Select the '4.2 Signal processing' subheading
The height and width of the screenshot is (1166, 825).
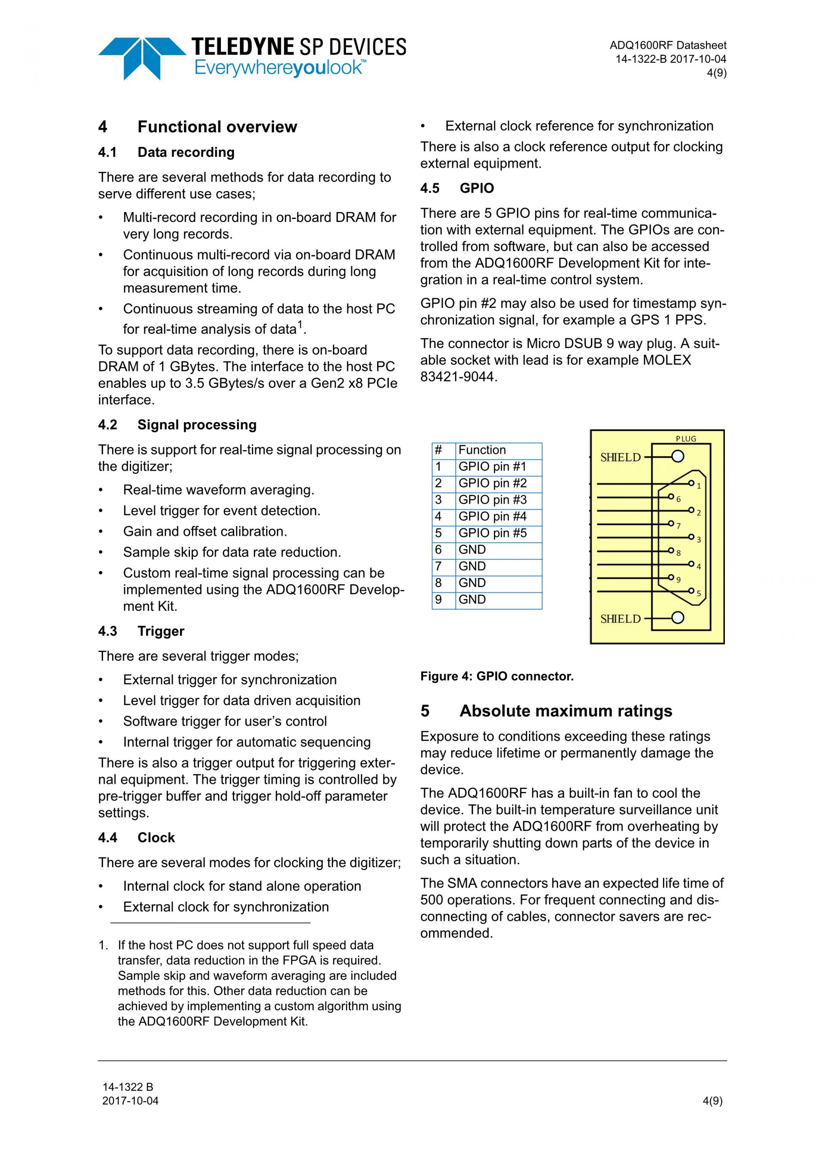[177, 425]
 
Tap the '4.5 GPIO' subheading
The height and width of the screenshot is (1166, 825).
[457, 189]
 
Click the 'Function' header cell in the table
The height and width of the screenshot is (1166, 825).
[482, 450]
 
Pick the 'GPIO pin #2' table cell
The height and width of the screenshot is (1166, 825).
[492, 483]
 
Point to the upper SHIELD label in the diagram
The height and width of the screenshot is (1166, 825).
[620, 457]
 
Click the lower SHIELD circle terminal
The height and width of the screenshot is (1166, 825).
[678, 618]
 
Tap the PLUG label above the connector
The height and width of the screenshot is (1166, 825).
[686, 439]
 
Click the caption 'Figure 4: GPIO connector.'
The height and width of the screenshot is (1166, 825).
[496, 676]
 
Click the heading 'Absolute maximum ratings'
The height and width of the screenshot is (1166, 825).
[565, 711]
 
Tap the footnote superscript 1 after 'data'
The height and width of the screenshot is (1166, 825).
[300, 324]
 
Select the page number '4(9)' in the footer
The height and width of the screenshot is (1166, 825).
[712, 1101]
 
